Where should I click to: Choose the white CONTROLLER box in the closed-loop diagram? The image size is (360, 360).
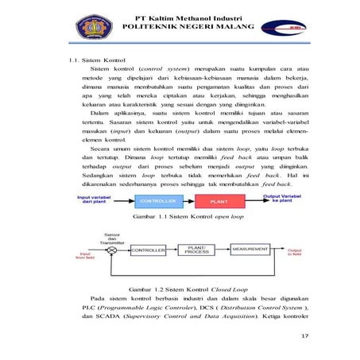pos(148,250)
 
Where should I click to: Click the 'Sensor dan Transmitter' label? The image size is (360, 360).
pos(112,236)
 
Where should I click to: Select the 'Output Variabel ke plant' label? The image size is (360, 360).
pos(282,199)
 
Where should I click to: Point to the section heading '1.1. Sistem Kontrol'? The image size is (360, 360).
pos(96,60)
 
